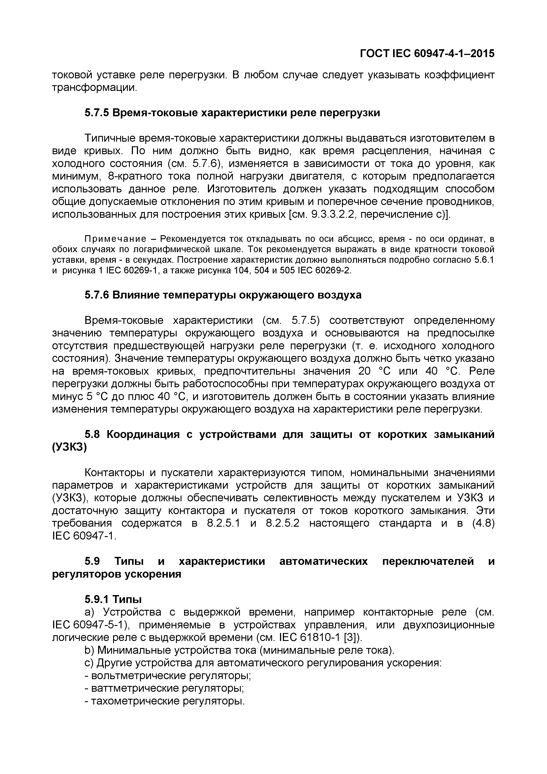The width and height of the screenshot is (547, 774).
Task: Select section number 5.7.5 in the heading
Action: click(x=96, y=113)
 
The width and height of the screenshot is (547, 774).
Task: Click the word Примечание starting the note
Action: click(x=115, y=239)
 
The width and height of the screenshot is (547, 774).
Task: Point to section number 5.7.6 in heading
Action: click(x=96, y=295)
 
